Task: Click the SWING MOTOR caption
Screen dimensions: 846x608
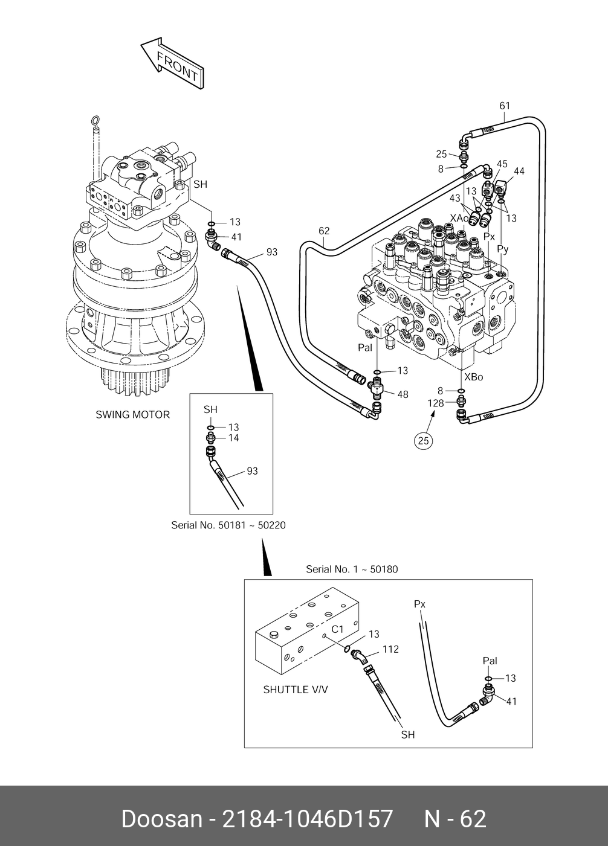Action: (x=133, y=415)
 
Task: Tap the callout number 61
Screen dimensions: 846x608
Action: (x=505, y=106)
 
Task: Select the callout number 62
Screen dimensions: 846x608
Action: (x=324, y=231)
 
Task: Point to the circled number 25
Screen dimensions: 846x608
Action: (x=423, y=441)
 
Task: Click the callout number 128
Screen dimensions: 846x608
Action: (x=436, y=403)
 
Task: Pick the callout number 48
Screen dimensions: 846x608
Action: (x=403, y=394)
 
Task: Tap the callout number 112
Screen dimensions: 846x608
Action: (x=390, y=649)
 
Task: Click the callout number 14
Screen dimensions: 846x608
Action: (x=233, y=438)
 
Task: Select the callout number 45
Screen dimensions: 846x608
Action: (x=502, y=164)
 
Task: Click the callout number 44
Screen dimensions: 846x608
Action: (x=519, y=171)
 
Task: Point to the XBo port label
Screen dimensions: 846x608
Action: (x=473, y=377)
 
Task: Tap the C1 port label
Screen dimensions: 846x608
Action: (x=337, y=629)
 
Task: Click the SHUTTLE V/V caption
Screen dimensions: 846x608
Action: (x=296, y=690)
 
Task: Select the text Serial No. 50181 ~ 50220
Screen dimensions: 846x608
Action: (x=228, y=525)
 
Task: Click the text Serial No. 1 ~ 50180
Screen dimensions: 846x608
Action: (x=352, y=569)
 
